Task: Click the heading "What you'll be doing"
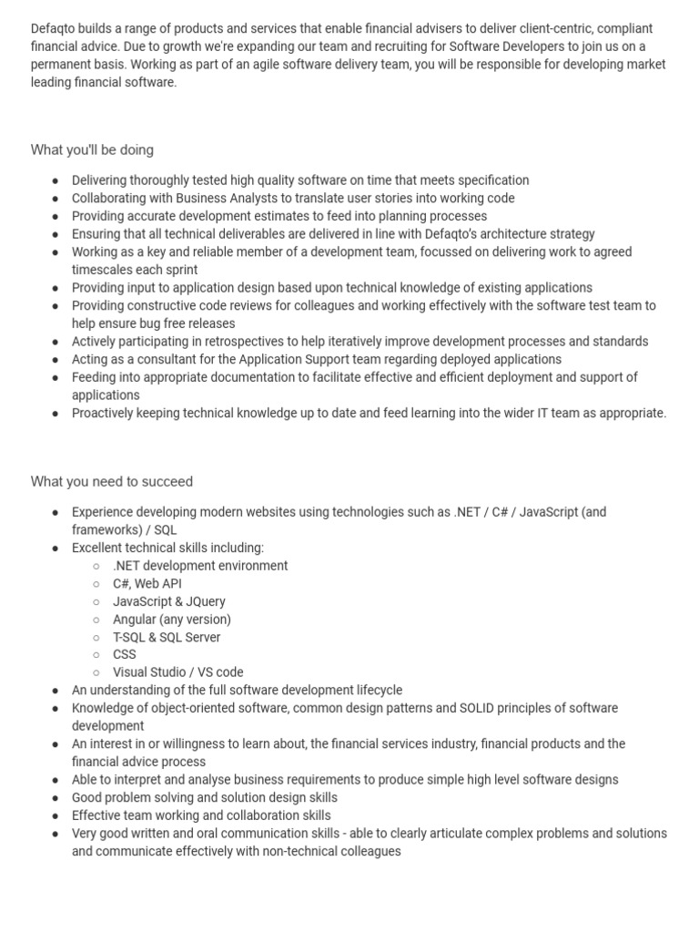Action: coord(92,149)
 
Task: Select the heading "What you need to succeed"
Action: coord(111,481)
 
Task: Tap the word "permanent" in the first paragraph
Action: coord(62,65)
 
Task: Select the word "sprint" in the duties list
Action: coord(179,270)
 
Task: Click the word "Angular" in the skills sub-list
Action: coord(135,619)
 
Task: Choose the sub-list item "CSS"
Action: coord(125,654)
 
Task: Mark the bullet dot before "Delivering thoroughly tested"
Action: coord(56,180)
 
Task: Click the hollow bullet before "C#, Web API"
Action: coord(96,584)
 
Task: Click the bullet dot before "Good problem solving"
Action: coord(56,798)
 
